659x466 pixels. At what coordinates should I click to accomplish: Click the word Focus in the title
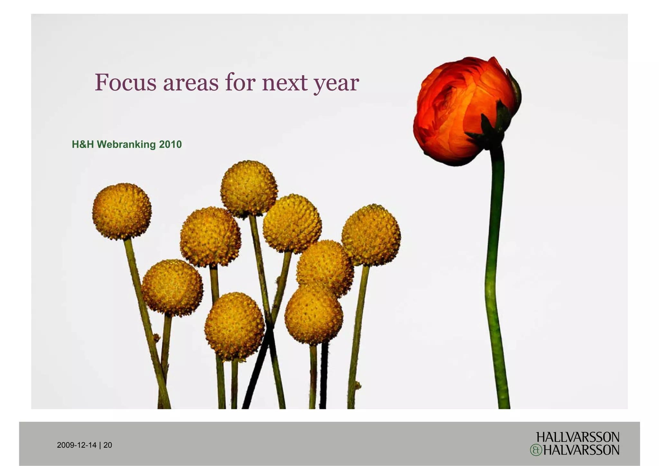[125, 82]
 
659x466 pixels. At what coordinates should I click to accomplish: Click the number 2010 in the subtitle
[170, 144]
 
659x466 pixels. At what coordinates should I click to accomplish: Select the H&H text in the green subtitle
[83, 144]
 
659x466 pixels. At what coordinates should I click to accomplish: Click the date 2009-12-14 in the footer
[77, 445]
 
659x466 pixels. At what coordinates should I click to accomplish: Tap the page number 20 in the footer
[108, 445]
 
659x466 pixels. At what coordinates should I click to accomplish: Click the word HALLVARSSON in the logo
[578, 437]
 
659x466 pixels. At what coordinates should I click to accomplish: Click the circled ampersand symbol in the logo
[536, 450]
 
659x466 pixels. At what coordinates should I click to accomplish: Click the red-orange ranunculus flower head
[457, 106]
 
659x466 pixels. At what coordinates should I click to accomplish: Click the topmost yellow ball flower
[249, 188]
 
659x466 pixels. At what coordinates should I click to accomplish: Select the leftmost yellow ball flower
[122, 211]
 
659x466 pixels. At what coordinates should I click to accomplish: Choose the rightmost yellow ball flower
[371, 235]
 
